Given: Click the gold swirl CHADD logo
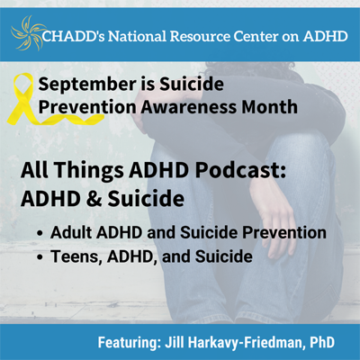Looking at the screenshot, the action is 26,33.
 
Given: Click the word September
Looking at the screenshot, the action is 87,85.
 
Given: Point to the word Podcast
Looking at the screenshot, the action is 240,170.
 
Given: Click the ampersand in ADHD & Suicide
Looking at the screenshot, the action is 94,199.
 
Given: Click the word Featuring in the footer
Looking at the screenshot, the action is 128,343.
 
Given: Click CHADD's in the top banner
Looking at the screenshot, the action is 74,36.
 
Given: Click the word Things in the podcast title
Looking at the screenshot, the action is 89,170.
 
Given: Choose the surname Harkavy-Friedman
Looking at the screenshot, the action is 247,342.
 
